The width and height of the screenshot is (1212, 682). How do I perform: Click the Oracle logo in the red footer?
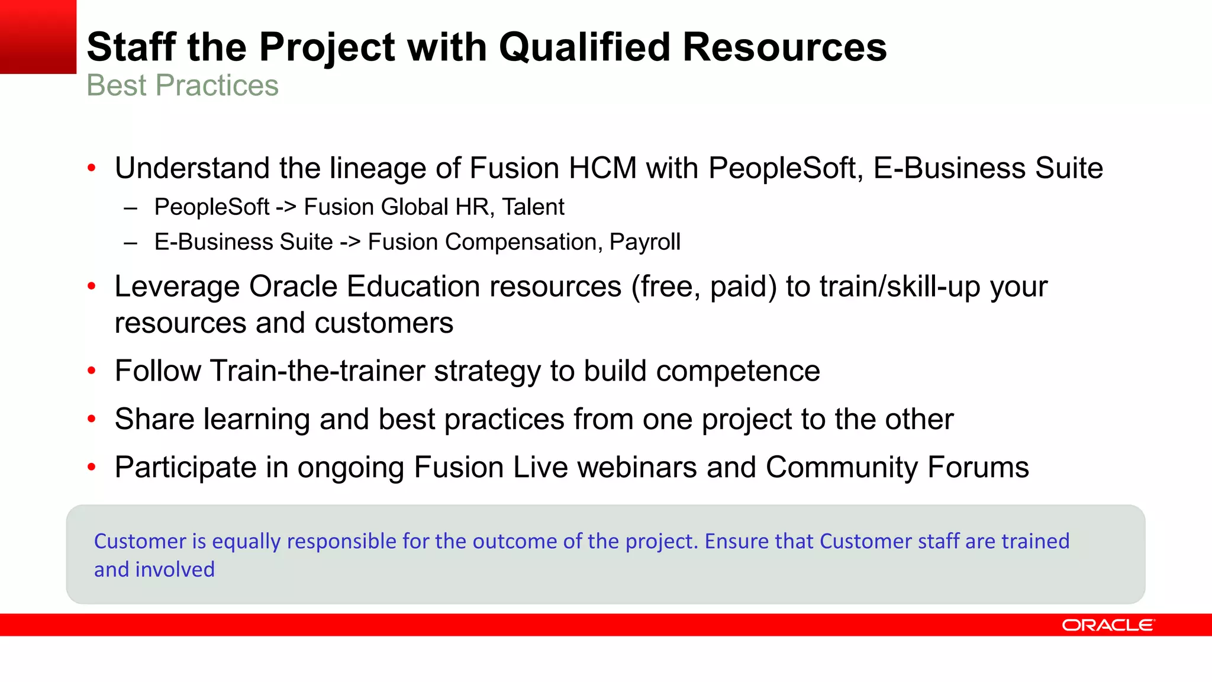[x=1108, y=625]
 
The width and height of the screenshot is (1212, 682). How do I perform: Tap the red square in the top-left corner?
[x=38, y=36]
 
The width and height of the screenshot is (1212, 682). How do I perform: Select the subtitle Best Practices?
[x=182, y=85]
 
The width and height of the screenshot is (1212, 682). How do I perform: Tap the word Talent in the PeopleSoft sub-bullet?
[x=533, y=207]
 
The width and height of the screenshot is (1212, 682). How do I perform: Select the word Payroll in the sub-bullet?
[x=644, y=242]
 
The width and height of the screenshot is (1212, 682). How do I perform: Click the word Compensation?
[x=524, y=242]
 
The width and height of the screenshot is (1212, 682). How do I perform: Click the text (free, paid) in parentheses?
[x=704, y=287]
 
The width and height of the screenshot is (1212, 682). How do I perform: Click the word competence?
[x=738, y=371]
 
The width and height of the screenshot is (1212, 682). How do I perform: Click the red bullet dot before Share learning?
[x=91, y=419]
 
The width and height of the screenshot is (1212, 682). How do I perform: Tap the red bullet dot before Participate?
[x=91, y=467]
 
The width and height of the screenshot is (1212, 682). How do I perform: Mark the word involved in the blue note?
[x=175, y=570]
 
